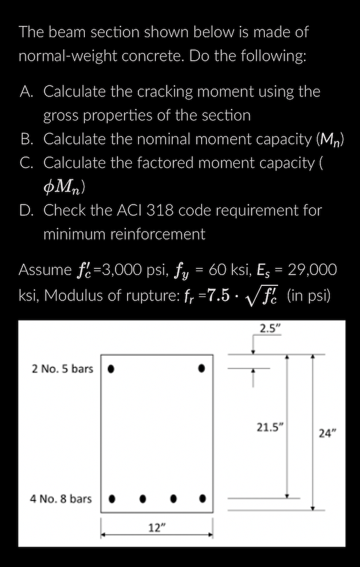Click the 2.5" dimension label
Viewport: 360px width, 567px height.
[271, 329]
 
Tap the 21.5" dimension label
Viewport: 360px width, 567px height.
[271, 428]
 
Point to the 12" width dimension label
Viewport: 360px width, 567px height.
[156, 528]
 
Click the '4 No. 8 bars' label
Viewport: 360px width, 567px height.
[62, 498]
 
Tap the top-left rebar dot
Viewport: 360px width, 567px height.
[111, 367]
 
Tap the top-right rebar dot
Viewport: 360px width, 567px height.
[202, 367]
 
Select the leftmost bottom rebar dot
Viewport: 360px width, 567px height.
[111, 498]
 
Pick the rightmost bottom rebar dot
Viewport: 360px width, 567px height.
[203, 498]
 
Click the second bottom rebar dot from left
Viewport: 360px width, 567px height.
[143, 498]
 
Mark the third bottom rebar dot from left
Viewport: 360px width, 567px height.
[173, 498]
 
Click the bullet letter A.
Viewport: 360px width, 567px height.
[26, 91]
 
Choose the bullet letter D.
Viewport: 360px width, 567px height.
[26, 211]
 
